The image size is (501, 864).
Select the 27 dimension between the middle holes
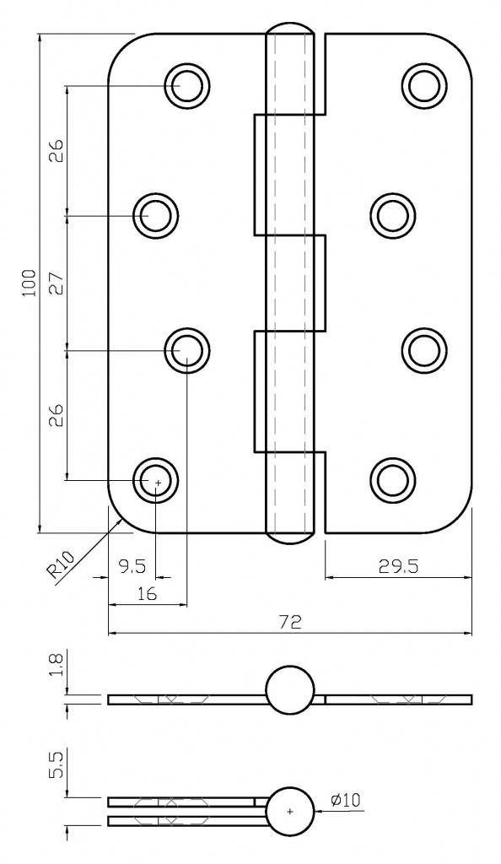tap(56, 283)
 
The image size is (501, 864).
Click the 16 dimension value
tap(147, 594)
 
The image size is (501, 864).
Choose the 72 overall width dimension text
tap(290, 623)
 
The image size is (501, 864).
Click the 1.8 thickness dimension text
tap(56, 666)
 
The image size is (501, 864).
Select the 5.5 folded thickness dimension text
tap(56, 769)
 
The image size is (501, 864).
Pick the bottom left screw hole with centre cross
tap(156, 481)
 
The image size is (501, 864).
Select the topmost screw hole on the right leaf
tap(423, 84)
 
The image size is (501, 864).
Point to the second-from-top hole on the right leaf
tap(391, 215)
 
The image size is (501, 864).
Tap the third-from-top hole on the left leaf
tap(186, 348)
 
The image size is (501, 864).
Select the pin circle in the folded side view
tap(289, 812)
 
